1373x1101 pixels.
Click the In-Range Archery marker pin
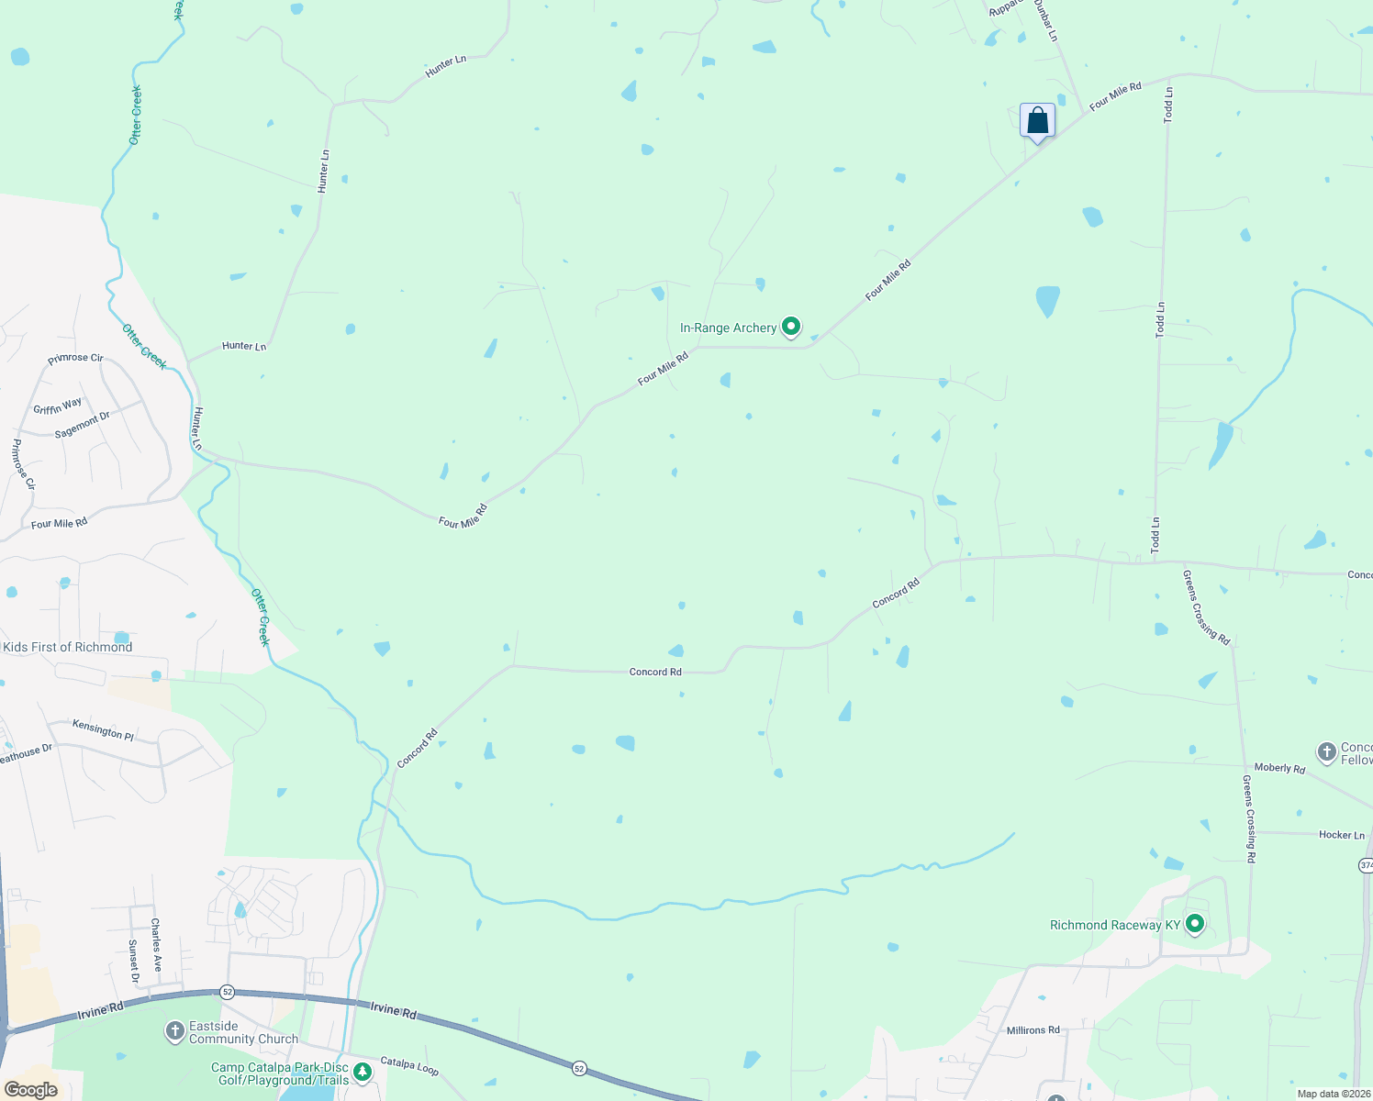[791, 327]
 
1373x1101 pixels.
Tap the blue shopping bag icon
[1037, 120]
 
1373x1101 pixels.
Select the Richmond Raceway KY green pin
[1194, 924]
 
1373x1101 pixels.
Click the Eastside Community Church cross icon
[174, 1031]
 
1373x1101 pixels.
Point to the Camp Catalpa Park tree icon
[363, 1071]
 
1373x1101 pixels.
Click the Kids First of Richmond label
[68, 647]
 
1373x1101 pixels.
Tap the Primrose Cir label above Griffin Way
[75, 358]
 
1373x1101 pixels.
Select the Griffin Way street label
[58, 406]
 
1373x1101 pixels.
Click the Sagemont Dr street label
[82, 424]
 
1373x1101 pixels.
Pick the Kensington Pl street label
[103, 729]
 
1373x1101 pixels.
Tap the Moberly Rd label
[1279, 768]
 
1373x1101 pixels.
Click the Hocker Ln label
[1341, 835]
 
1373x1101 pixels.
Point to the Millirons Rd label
[1033, 1030]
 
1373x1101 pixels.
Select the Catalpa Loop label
[409, 1066]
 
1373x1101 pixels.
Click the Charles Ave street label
[156, 944]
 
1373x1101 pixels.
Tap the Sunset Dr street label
[133, 961]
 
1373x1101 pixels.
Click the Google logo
[30, 1090]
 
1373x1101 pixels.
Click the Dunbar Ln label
[1046, 20]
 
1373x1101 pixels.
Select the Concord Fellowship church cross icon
[1326, 752]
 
